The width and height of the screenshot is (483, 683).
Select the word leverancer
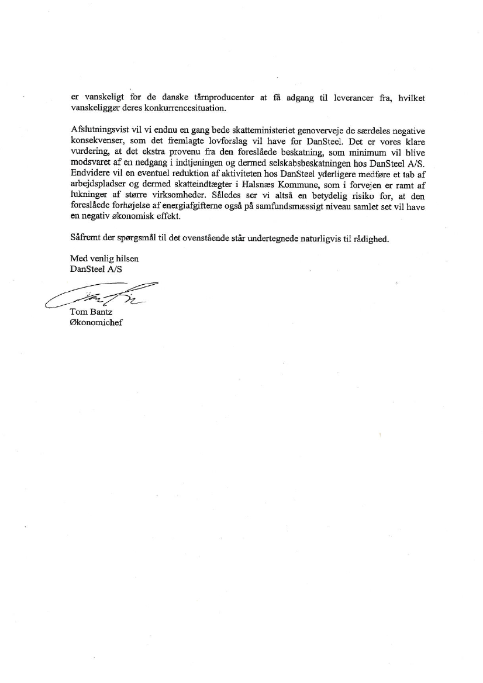click(x=353, y=98)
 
